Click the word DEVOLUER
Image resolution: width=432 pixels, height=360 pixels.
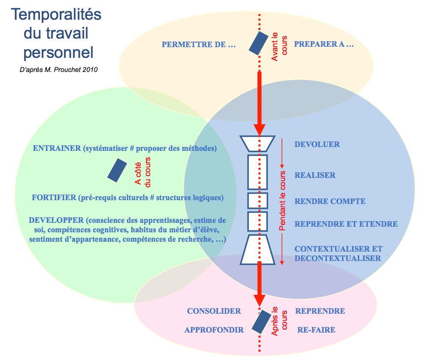(x=317, y=144)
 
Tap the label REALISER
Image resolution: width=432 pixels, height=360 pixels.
(x=315, y=175)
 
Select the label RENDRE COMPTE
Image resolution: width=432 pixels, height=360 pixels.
(x=330, y=201)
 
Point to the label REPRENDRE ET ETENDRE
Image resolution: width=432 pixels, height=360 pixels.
(x=346, y=224)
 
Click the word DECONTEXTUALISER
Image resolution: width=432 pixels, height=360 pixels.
(x=338, y=258)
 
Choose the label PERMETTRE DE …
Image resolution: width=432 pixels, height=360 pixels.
(x=199, y=44)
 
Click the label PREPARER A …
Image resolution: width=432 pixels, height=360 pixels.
(x=324, y=44)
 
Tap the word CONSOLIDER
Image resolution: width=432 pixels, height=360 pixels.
(x=214, y=311)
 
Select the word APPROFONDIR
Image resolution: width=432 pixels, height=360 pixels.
(x=214, y=330)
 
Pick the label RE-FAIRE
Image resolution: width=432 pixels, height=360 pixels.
(x=316, y=330)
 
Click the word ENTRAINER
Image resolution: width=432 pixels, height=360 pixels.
(x=57, y=149)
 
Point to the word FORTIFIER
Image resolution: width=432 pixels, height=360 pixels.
(x=54, y=198)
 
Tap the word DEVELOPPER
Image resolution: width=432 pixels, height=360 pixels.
(x=56, y=220)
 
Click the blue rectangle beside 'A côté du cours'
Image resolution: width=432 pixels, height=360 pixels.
(x=117, y=169)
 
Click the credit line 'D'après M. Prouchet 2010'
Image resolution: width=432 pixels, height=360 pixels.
(x=59, y=69)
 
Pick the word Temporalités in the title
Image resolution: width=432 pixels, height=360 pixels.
(x=56, y=15)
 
